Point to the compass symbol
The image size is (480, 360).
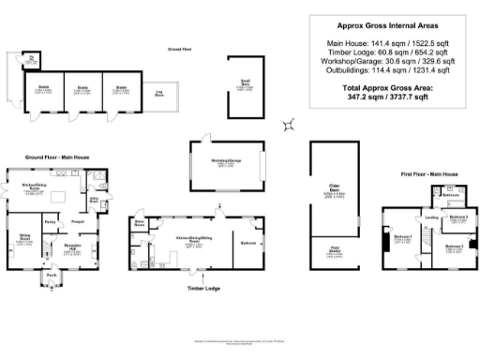tap(292, 123)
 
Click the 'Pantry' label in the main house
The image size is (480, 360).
tap(50, 221)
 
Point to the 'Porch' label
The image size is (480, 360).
tap(51, 274)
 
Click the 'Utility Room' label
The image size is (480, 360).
tap(95, 200)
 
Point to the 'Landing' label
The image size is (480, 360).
tap(432, 219)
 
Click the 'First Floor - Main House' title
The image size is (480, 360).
tap(428, 174)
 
